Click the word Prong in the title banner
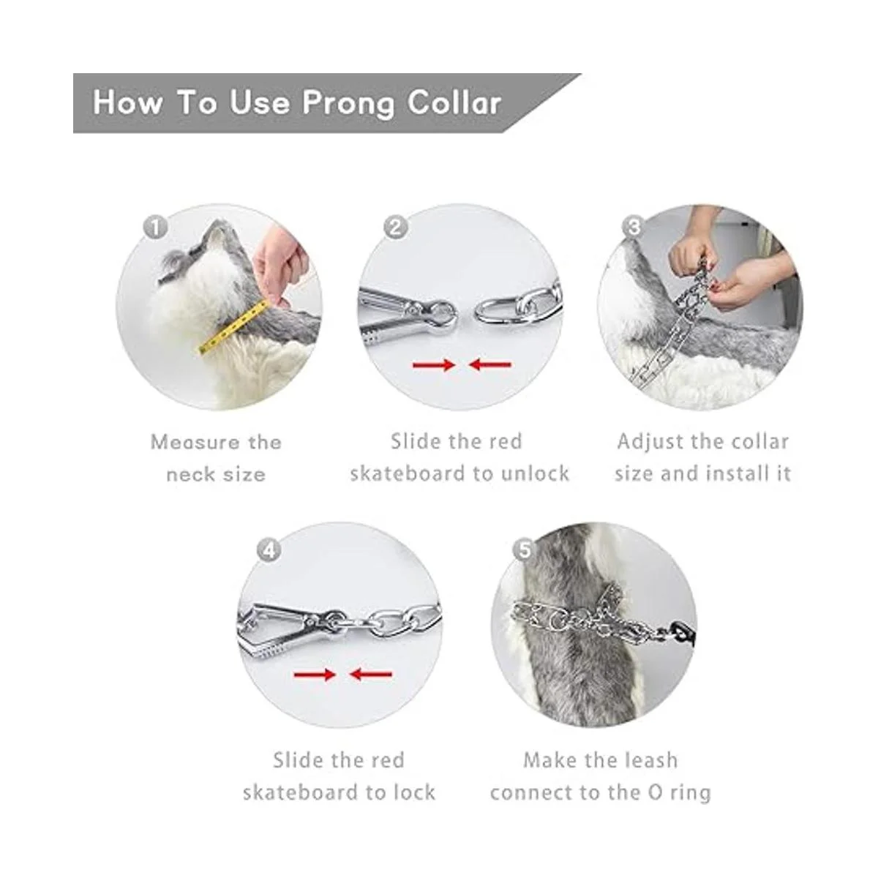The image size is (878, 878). click(348, 104)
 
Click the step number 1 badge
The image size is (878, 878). click(156, 228)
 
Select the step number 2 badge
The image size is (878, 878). click(396, 228)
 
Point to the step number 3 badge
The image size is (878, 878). click(634, 228)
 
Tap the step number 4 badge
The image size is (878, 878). click(270, 552)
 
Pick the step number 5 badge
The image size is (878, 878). click(525, 551)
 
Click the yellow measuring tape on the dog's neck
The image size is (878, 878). click(232, 326)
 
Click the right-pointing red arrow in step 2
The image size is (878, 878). click(434, 364)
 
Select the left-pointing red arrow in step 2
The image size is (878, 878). click(489, 364)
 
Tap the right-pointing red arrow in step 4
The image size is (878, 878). click(315, 674)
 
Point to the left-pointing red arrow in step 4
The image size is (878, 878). click(370, 674)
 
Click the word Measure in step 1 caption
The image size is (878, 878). click(195, 443)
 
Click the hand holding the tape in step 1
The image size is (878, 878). click(279, 269)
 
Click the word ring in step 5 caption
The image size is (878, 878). click(690, 793)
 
